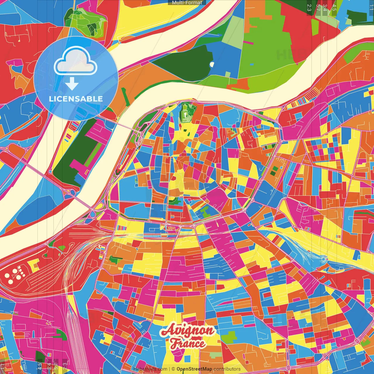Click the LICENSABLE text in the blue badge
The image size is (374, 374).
point(76,99)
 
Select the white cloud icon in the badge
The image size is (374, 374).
point(75,61)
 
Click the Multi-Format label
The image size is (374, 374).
point(187,3)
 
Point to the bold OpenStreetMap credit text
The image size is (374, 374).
point(194,369)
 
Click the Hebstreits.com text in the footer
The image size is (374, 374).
point(150,369)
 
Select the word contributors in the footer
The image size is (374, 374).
point(227,369)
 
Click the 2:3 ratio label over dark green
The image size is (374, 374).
point(309,8)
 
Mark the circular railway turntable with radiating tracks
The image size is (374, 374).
point(323,259)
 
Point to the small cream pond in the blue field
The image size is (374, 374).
point(212,64)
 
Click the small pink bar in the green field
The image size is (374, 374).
point(248,43)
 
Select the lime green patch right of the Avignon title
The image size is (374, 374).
point(230,336)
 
